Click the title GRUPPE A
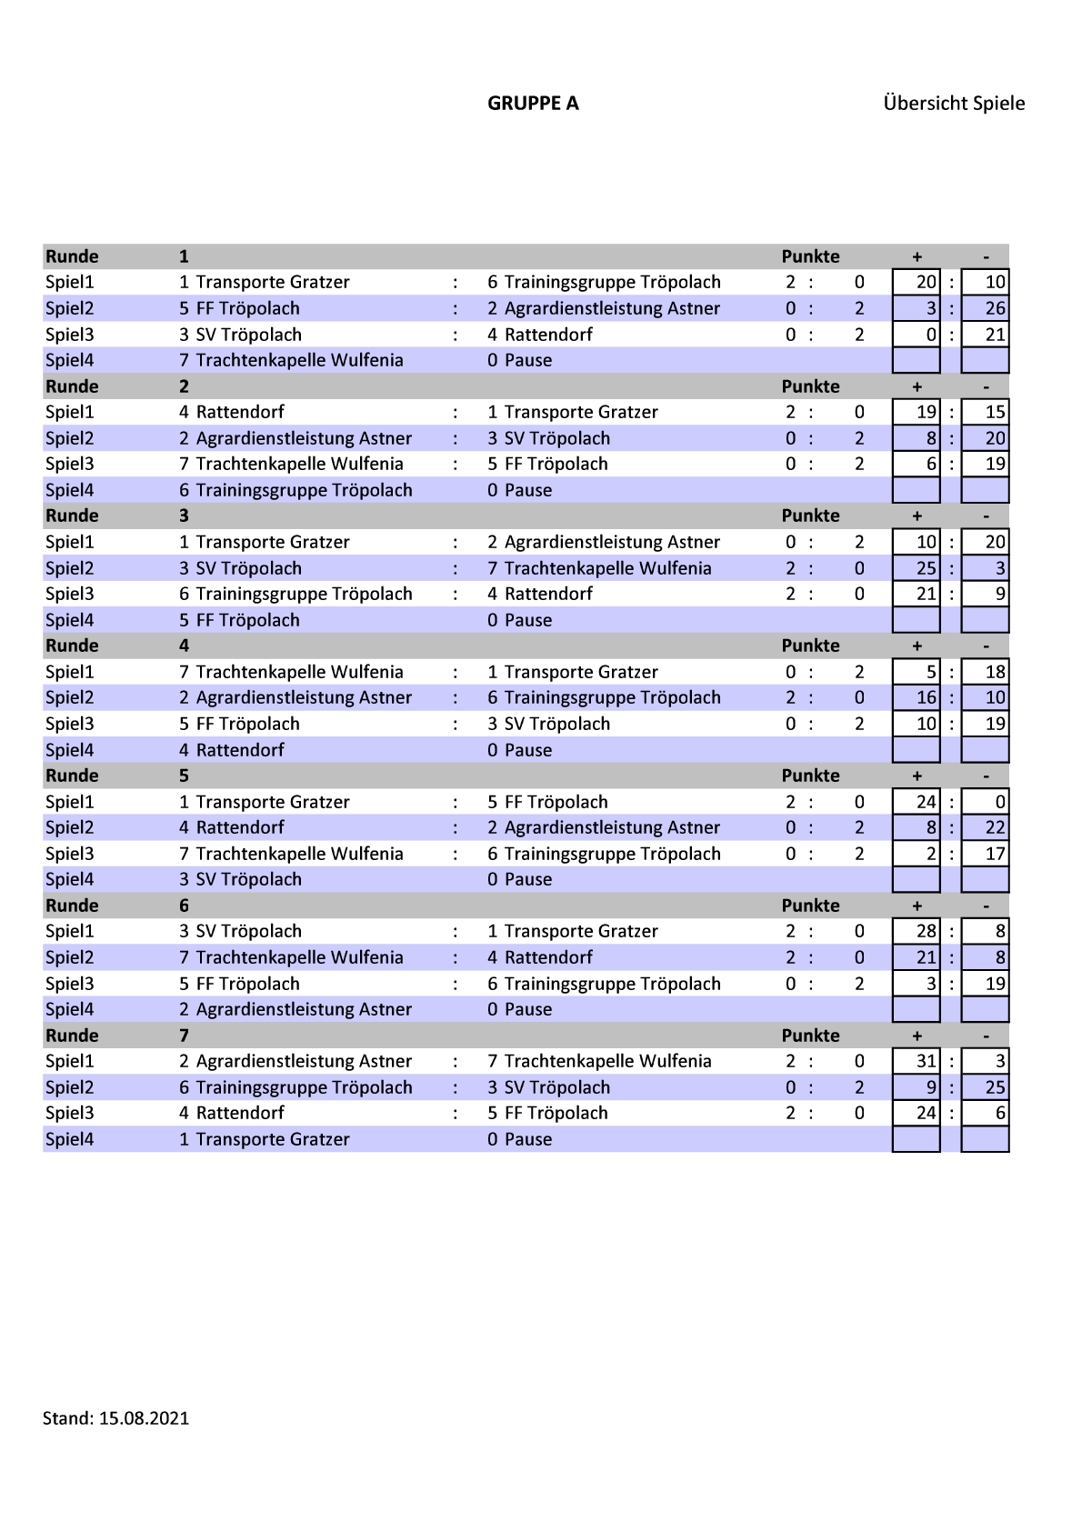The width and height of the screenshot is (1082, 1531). [533, 104]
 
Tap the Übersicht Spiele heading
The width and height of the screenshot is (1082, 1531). [954, 104]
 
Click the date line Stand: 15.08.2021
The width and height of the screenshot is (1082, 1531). [115, 1418]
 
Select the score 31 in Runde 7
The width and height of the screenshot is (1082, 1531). [926, 1061]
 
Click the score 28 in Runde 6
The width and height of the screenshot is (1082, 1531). [926, 931]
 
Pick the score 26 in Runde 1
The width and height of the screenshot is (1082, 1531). [995, 308]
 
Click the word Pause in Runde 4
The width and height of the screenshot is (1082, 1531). [528, 750]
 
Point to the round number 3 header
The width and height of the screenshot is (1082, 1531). [184, 515]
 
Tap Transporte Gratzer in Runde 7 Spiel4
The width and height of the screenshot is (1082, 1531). [273, 1139]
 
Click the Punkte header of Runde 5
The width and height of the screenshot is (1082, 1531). [810, 776]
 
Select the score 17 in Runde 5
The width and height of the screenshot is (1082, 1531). [995, 854]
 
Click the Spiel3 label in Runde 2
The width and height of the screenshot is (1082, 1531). [70, 464]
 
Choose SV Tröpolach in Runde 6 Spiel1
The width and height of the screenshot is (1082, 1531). [248, 931]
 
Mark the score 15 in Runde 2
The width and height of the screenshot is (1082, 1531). [995, 412]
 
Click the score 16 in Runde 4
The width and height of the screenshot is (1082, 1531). [926, 697]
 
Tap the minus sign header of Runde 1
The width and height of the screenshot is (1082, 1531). [986, 256]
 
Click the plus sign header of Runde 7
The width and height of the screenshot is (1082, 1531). [917, 1036]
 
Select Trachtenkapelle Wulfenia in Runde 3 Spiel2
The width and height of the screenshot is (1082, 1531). [607, 568]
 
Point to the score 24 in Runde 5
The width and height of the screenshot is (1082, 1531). [926, 802]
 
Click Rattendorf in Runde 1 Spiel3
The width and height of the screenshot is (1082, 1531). [548, 335]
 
